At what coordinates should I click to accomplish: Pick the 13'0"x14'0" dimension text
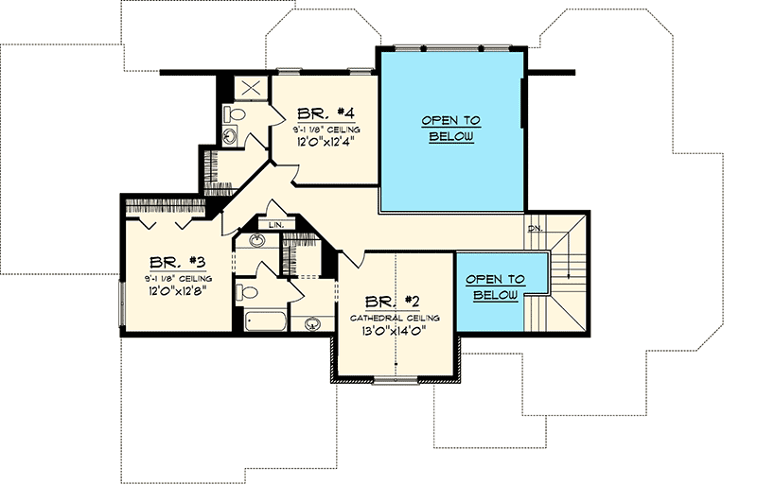(x=396, y=331)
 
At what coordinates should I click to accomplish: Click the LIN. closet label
(x=276, y=225)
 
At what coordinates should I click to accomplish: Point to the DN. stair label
(x=535, y=228)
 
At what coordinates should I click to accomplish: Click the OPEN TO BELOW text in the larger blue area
(x=450, y=128)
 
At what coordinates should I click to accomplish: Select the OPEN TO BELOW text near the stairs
(x=497, y=287)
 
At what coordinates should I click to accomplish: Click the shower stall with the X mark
(x=253, y=88)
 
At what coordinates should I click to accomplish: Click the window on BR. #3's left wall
(x=121, y=303)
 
